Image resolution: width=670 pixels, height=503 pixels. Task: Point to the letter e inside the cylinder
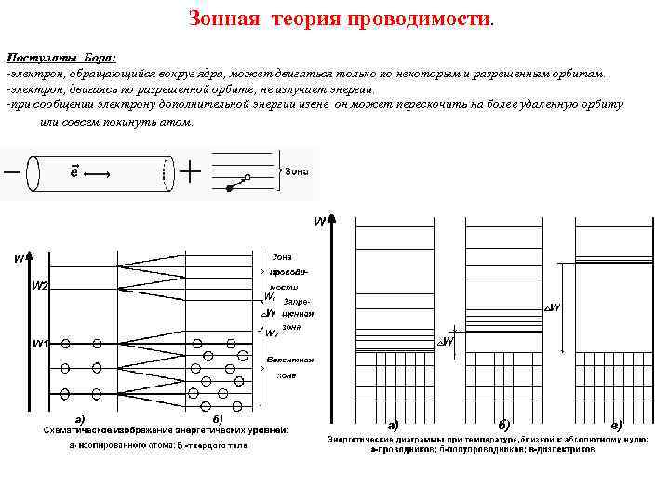74,171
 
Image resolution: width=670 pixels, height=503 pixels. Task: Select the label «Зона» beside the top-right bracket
296,171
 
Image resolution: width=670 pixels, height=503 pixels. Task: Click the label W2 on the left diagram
42,286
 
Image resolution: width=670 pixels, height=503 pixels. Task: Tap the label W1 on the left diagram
41,345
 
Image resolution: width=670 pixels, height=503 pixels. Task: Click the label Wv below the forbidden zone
272,333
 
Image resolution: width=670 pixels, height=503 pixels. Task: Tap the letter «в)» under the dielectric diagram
616,426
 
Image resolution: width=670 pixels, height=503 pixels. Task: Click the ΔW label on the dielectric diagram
552,308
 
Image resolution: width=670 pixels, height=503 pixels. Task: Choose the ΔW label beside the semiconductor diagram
446,343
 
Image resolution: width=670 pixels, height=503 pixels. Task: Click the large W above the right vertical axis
319,223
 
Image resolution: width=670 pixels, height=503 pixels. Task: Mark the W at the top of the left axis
19,258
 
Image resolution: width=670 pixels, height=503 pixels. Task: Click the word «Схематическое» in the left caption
85,430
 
